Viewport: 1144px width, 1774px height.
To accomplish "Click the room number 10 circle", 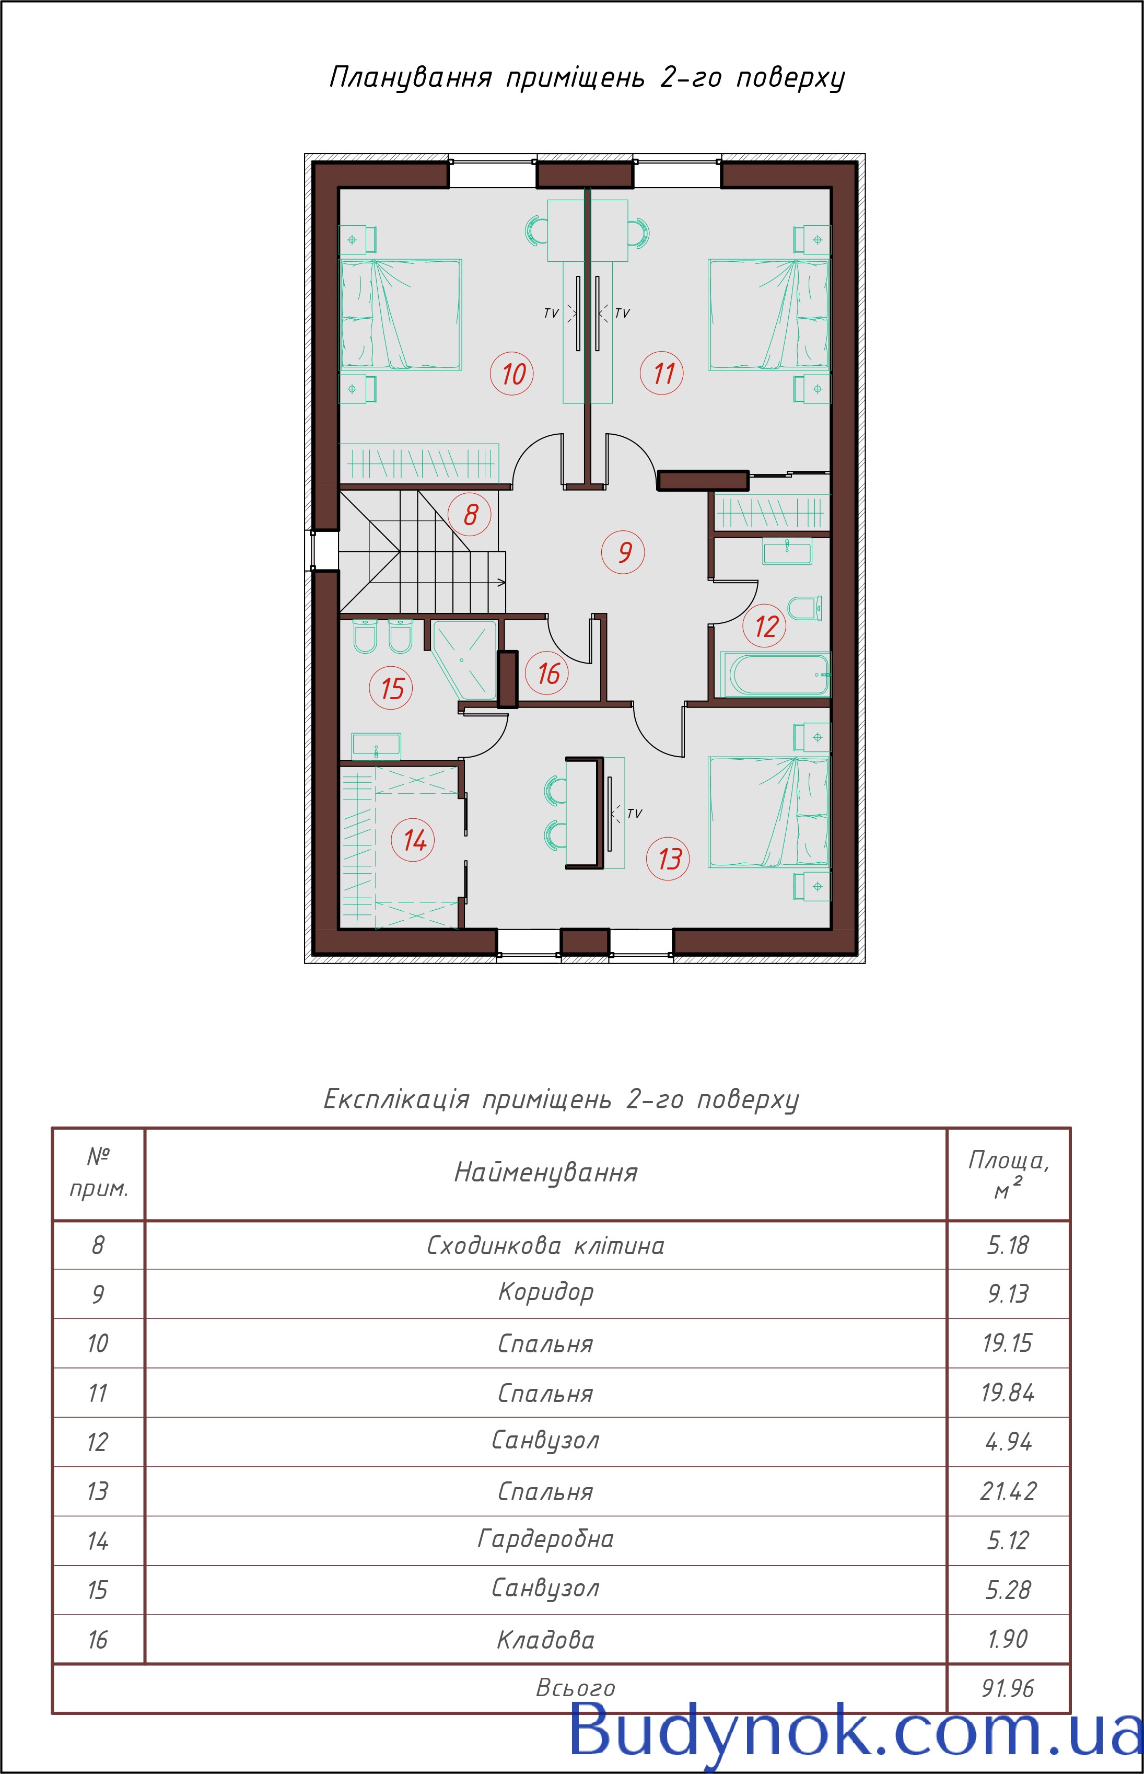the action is tap(512, 373).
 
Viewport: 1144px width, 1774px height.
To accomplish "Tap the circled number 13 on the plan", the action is tap(669, 859).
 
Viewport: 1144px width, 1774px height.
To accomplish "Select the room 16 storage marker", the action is tap(547, 673).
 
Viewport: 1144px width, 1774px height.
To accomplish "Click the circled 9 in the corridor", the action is tap(623, 552).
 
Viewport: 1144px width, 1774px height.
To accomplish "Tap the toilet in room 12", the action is tap(804, 608).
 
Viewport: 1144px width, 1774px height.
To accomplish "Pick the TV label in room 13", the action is tap(634, 814).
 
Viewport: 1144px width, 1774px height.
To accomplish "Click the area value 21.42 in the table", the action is tap(1007, 1491).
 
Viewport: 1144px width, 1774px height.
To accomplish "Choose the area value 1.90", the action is tap(1007, 1639).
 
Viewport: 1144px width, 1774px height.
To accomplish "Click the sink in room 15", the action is tap(376, 745).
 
